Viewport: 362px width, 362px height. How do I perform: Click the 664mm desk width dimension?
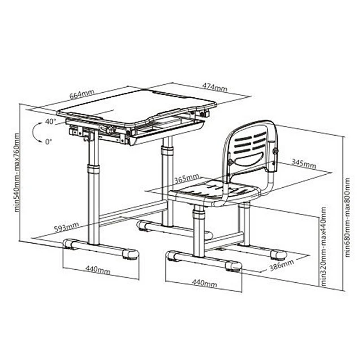tap(82, 94)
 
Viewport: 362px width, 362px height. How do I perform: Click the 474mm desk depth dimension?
tap(215, 87)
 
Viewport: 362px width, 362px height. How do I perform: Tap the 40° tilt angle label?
tap(50, 122)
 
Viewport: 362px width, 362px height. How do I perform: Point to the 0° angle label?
tap(49, 141)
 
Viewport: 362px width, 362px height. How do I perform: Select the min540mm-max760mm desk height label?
tap(16, 173)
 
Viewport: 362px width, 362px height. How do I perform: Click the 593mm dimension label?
tap(67, 227)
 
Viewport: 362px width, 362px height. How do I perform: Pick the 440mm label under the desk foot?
tap(98, 270)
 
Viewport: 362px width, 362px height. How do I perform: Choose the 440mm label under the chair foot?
tap(205, 283)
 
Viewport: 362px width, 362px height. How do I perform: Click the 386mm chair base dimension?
tap(282, 265)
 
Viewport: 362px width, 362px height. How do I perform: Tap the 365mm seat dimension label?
tap(187, 179)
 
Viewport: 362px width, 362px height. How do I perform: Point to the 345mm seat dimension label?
tap(303, 163)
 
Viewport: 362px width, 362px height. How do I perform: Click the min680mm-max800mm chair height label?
tap(347, 217)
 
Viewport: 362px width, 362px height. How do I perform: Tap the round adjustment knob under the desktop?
tap(109, 130)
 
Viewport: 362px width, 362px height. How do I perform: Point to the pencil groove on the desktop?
tap(170, 94)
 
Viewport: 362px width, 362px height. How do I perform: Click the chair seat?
tap(215, 193)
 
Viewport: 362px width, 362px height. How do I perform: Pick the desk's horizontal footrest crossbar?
tap(132, 213)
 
